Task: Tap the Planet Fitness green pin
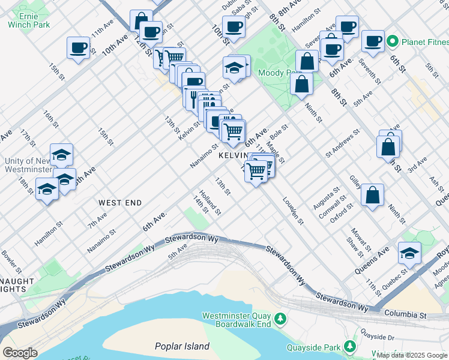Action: (x=393, y=41)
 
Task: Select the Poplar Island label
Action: (x=182, y=346)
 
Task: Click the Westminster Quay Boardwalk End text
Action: (x=237, y=320)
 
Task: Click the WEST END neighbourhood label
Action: (x=120, y=203)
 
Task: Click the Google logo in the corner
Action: (x=20, y=353)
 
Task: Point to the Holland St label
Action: (x=211, y=203)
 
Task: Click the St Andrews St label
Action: (x=343, y=143)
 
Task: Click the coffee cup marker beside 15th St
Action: (x=78, y=48)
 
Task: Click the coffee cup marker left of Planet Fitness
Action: (x=373, y=41)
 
